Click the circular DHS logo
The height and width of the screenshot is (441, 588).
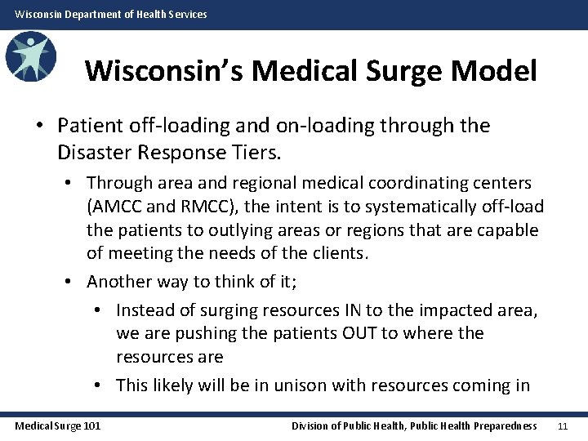click(x=30, y=57)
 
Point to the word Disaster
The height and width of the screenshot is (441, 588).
click(x=92, y=151)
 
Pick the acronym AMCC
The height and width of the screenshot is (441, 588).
click(x=114, y=207)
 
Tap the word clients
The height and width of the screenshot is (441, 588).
click(x=336, y=253)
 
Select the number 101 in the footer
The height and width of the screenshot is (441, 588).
click(x=91, y=425)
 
